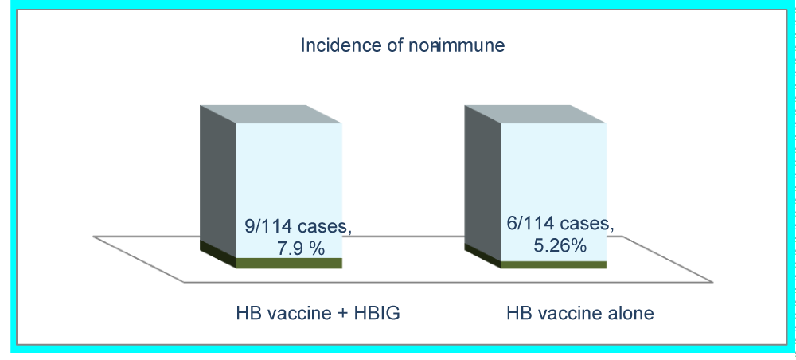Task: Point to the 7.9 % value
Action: (300, 248)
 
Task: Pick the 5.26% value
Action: (560, 245)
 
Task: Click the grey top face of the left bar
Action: (271, 114)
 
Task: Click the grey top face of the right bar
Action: (536, 114)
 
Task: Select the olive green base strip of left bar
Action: (289, 263)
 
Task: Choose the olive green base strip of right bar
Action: (553, 265)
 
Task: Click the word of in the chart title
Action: (395, 45)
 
